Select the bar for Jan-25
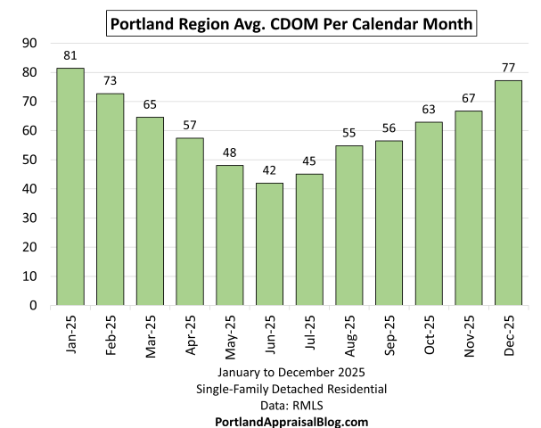(70, 186)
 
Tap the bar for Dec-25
(508, 193)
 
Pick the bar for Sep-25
(389, 223)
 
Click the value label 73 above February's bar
(111, 80)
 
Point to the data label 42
(269, 169)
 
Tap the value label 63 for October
(429, 109)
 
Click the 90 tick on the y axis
(29, 43)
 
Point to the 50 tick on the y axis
(29, 160)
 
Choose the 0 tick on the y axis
(33, 305)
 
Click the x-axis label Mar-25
(151, 333)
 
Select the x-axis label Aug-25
(349, 333)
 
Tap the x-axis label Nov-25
(469, 333)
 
